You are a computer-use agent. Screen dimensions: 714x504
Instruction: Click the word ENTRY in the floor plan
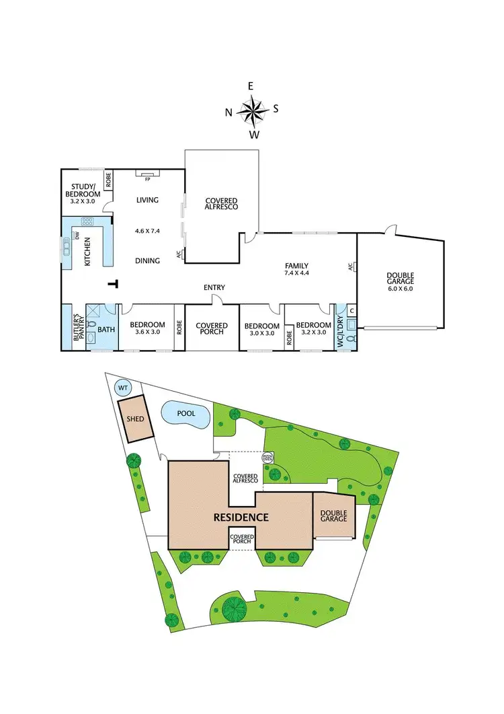[214, 287]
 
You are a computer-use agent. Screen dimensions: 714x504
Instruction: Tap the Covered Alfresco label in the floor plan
[222, 204]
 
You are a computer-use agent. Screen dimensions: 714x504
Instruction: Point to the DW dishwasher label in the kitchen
[77, 236]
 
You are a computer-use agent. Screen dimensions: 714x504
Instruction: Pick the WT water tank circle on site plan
[123, 388]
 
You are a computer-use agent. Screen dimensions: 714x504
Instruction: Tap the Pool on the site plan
[185, 415]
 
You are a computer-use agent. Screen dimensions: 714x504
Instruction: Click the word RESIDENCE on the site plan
[241, 517]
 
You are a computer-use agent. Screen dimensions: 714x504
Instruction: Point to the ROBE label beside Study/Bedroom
[108, 180]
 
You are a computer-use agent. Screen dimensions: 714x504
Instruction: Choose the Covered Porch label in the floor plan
[212, 329]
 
